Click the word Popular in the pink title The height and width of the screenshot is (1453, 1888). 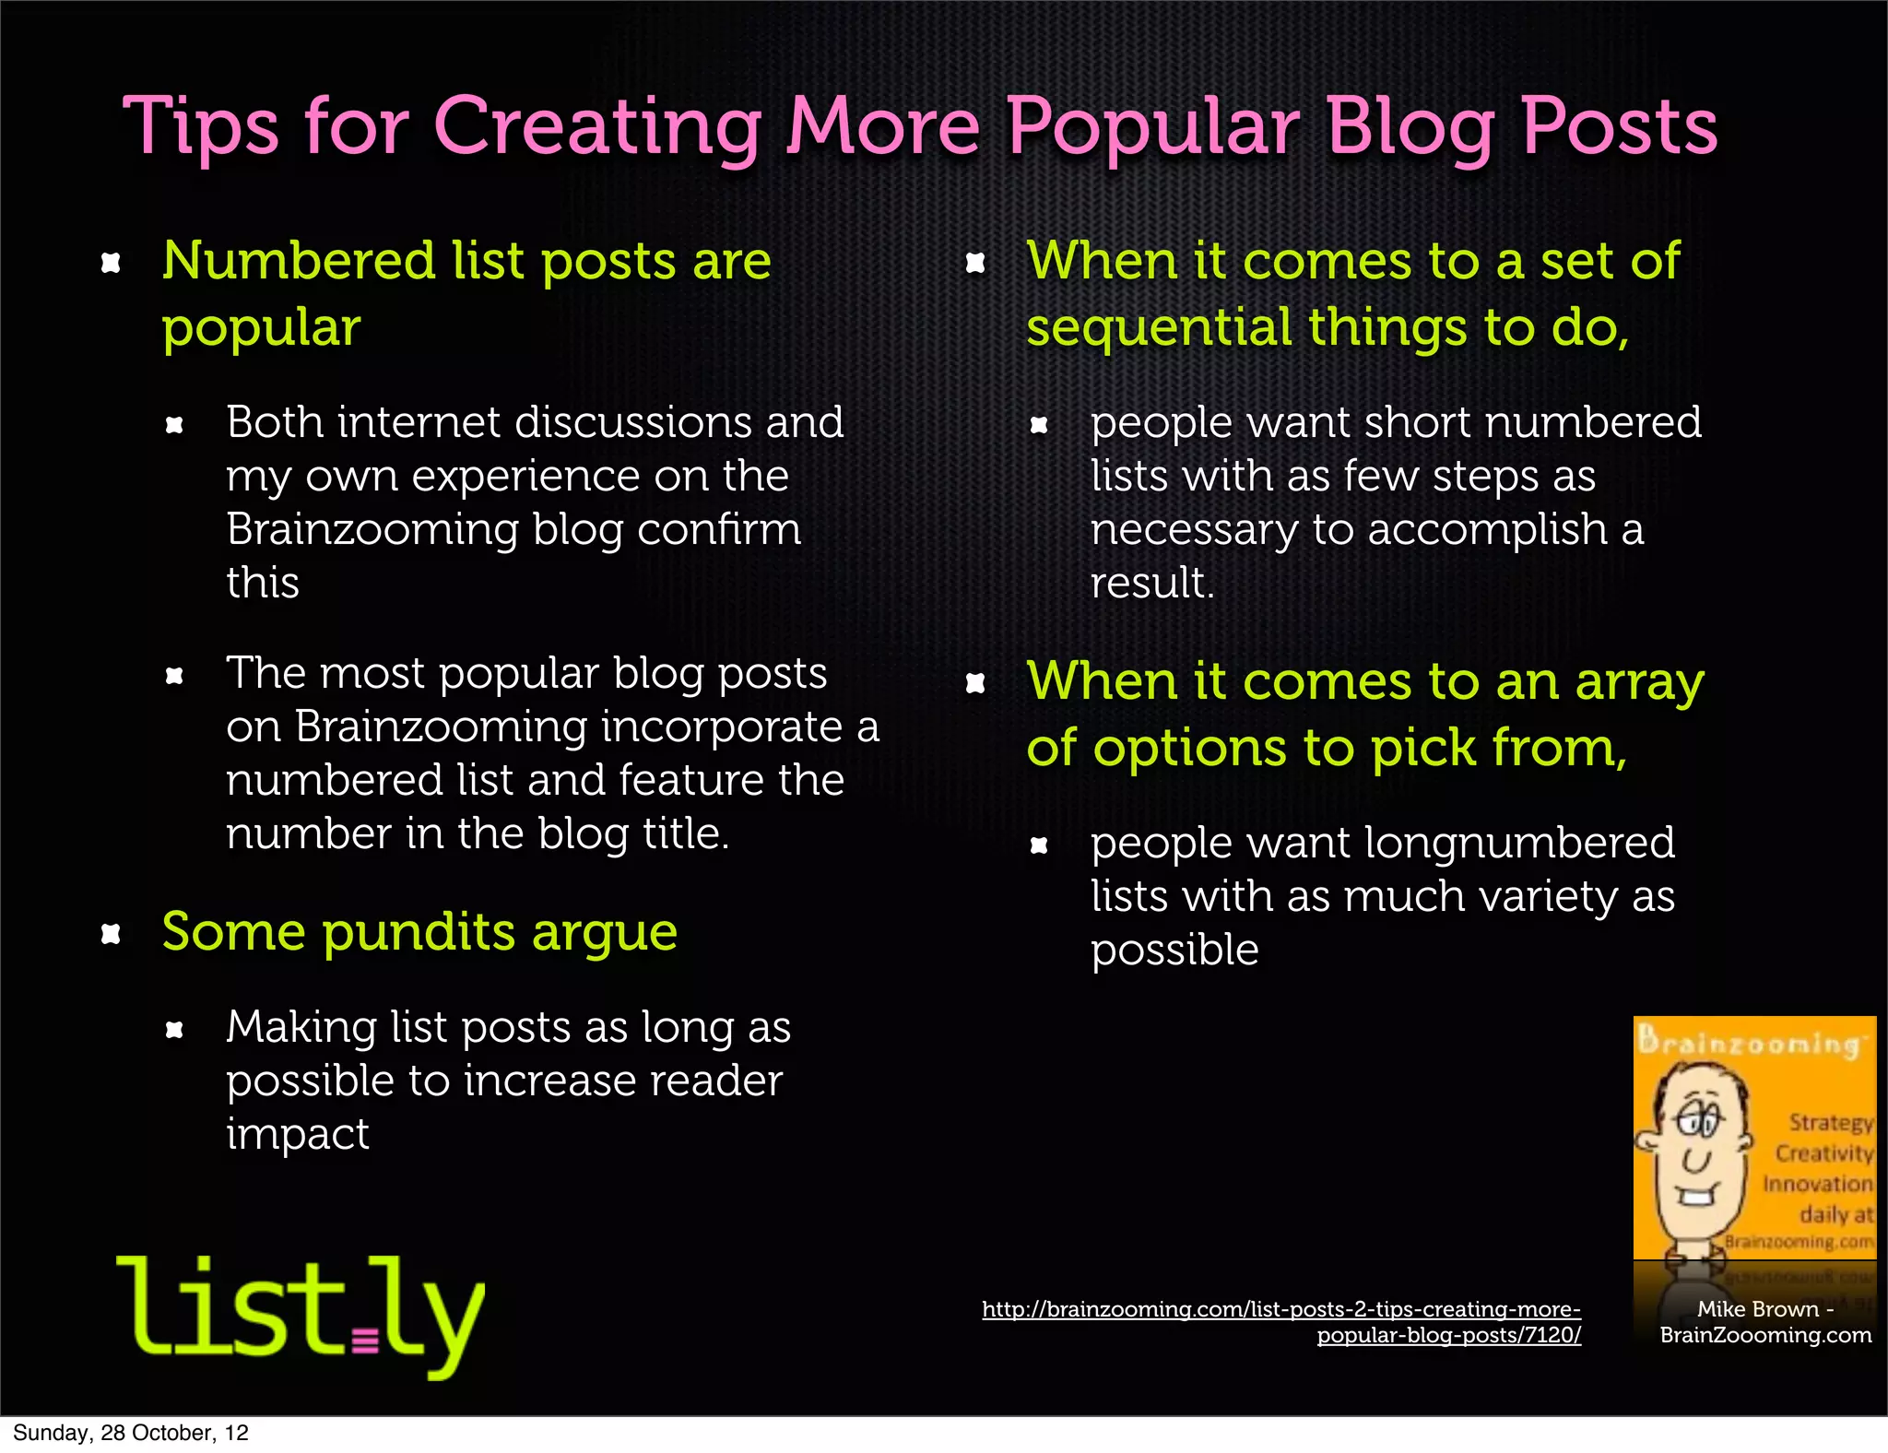[x=1153, y=128]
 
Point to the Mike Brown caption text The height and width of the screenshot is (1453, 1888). [x=1765, y=1322]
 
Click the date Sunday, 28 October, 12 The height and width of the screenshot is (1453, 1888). [x=130, y=1433]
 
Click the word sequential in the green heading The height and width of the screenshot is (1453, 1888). [x=1159, y=327]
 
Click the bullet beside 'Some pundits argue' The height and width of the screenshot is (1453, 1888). [x=111, y=935]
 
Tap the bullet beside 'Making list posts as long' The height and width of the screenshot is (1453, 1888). [x=174, y=1030]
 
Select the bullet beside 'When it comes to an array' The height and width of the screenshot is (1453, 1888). [x=975, y=683]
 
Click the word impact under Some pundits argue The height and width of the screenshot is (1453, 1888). [x=297, y=1135]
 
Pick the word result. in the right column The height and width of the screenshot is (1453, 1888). [x=1152, y=583]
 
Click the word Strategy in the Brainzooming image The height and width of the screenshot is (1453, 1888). [x=1830, y=1122]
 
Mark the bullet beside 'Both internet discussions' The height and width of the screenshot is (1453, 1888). [x=174, y=425]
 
